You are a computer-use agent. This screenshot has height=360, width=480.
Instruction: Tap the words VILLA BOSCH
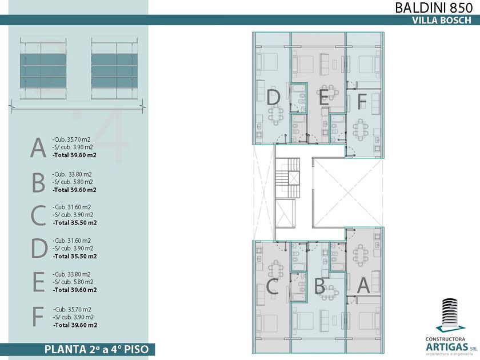(441, 20)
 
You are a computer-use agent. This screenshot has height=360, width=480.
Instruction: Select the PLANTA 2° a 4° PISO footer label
(97, 349)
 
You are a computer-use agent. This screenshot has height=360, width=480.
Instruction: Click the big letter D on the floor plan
(273, 98)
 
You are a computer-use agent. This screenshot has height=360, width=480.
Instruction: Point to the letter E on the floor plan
(324, 98)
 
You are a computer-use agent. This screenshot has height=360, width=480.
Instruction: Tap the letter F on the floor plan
(362, 102)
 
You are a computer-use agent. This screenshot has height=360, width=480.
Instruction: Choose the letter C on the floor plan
(272, 286)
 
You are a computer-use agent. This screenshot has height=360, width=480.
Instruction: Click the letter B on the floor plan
(319, 286)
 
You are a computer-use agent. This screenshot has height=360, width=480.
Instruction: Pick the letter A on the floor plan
(363, 285)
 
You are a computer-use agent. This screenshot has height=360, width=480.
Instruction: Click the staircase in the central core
(287, 178)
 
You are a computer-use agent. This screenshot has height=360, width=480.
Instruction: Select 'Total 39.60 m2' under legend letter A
(74, 155)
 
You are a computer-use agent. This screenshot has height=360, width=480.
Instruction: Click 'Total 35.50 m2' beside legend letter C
(75, 223)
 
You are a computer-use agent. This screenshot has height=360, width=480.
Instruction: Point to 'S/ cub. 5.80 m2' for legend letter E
(73, 282)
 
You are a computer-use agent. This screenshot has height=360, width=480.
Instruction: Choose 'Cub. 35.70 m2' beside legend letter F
(72, 310)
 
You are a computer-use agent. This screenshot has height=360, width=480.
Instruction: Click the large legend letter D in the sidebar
(39, 249)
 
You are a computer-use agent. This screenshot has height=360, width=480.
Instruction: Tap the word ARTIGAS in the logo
(447, 347)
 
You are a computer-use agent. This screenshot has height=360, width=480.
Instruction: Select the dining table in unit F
(361, 130)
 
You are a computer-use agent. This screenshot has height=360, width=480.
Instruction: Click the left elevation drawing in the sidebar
(43, 69)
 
